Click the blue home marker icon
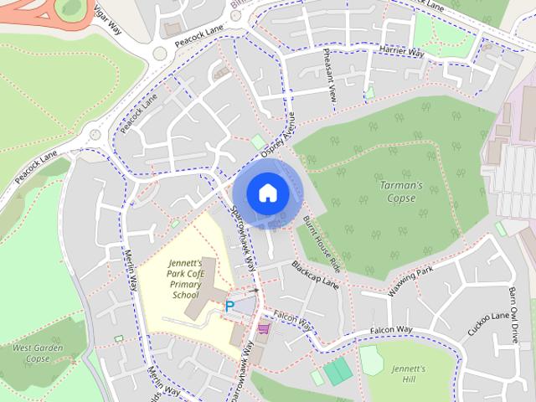[x=267, y=193]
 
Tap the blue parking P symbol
[x=230, y=307]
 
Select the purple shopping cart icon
[x=265, y=327]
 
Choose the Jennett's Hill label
[x=410, y=374]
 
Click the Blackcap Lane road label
[x=316, y=275]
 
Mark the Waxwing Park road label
[x=410, y=282]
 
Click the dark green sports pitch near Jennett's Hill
[x=338, y=369]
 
